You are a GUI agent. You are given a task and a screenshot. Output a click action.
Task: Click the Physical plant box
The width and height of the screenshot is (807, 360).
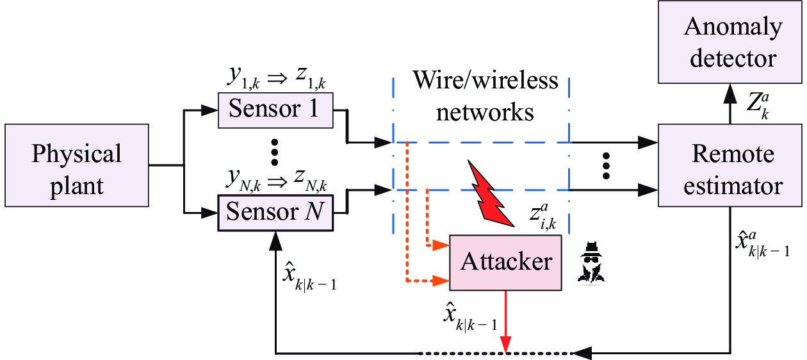tap(77, 165)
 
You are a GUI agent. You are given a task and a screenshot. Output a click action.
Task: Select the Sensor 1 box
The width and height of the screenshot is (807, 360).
tap(275, 110)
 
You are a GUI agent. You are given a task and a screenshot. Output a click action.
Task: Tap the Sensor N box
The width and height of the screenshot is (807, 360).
tap(275, 213)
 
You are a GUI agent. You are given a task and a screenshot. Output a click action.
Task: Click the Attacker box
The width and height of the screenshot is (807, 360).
tap(505, 263)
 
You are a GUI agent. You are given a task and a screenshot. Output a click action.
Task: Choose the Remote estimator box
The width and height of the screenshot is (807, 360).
tap(730, 165)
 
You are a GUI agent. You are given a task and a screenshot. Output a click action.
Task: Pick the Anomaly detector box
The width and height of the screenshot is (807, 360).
tap(730, 42)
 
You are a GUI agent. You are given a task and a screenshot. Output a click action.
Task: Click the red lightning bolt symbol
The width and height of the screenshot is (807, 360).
tap(491, 193)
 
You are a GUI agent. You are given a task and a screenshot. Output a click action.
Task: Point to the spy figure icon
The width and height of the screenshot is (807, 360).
tap(591, 263)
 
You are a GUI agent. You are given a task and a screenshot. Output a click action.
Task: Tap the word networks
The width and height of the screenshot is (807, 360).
tap(485, 113)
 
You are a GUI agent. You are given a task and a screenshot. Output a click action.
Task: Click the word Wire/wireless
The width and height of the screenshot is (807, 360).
tap(485, 80)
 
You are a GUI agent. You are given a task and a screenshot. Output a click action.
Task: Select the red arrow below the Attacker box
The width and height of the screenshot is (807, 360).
tap(506, 322)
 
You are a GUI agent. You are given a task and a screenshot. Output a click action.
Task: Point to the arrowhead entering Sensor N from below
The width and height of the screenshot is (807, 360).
tap(275, 241)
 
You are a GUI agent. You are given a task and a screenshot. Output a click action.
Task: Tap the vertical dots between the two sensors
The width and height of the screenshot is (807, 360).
tap(275, 152)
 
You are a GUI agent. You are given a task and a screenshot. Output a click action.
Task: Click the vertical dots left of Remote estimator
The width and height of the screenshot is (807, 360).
tap(606, 166)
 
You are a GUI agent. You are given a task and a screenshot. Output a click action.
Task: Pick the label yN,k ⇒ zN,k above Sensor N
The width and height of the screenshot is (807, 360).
tap(276, 181)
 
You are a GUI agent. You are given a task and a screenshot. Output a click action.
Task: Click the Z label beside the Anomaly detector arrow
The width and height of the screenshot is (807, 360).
tap(758, 106)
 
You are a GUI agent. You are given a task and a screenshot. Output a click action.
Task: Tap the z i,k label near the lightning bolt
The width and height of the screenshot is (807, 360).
tap(543, 217)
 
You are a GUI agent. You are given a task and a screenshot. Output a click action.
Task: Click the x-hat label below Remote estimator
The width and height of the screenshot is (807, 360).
tap(762, 245)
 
